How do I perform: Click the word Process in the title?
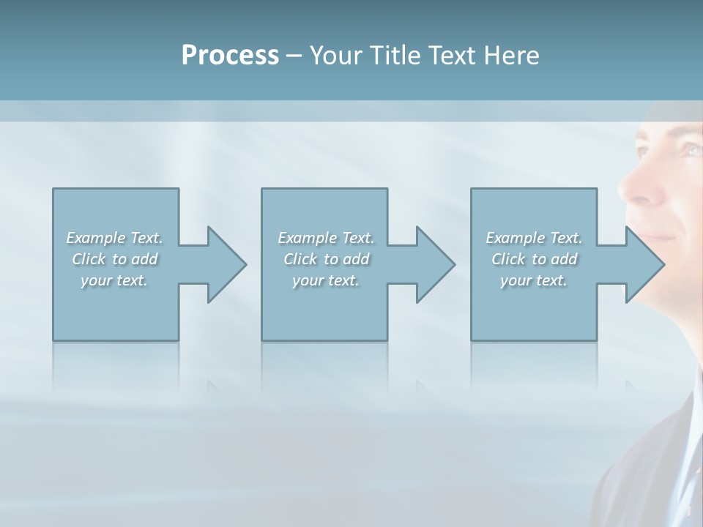[230, 56]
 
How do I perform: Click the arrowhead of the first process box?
[227, 264]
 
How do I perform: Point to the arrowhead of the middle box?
[436, 264]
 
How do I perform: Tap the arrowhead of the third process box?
[645, 264]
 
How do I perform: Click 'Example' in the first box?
[96, 238]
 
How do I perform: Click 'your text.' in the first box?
[114, 280]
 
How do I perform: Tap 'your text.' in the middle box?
[326, 280]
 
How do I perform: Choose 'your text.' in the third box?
[534, 280]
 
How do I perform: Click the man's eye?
[691, 150]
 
